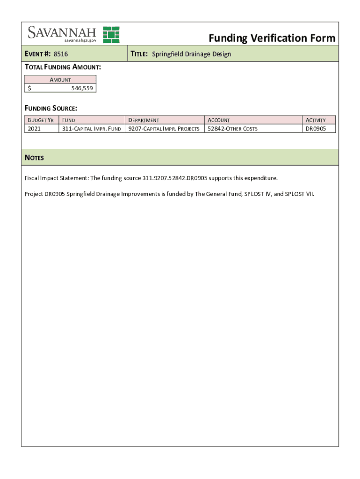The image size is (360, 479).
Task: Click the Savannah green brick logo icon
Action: point(111,35)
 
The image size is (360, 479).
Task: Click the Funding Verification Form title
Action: point(272,38)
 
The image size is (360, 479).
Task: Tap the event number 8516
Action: point(61,54)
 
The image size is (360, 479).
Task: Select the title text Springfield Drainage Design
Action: point(192,54)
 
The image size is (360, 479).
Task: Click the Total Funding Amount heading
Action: point(63,68)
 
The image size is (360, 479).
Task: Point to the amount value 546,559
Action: point(82,88)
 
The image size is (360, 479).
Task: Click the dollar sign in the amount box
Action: point(29,88)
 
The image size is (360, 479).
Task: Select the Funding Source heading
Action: point(50,109)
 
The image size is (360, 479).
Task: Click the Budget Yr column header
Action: point(41,120)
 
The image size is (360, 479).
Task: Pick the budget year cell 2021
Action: point(34,129)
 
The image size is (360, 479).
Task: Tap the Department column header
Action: point(144,120)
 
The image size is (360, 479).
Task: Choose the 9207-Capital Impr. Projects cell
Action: point(164,129)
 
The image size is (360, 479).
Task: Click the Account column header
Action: point(218,120)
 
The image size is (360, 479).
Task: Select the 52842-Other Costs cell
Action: point(232,129)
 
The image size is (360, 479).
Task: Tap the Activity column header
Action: point(315,120)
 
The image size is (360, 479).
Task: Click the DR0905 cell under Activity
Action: point(316,129)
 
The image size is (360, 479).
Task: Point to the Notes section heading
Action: point(34,158)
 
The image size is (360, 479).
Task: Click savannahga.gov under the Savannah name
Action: point(78,41)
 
